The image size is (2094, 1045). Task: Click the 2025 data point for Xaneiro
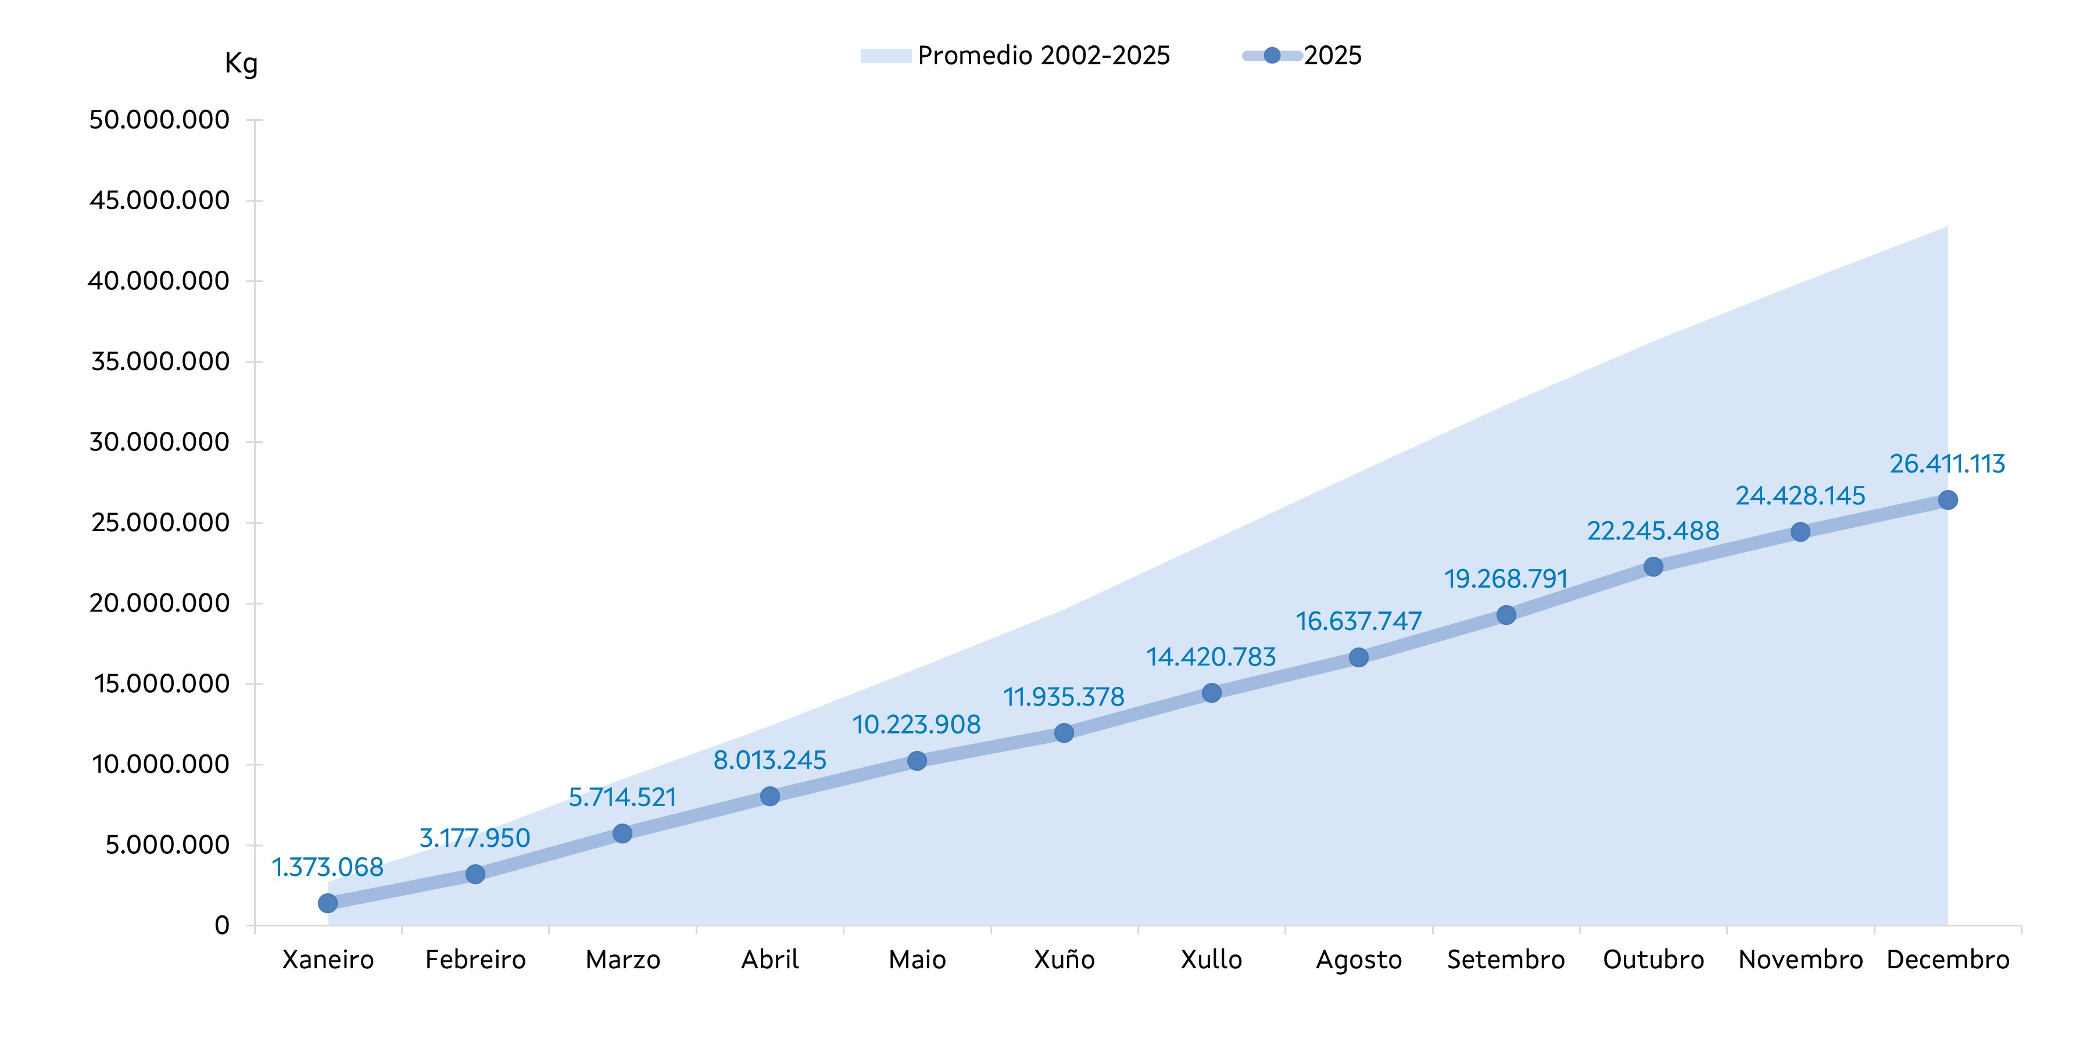pyautogui.click(x=328, y=903)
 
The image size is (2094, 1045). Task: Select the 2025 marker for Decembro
pyautogui.click(x=1948, y=500)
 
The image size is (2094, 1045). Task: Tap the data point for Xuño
pyautogui.click(x=1064, y=733)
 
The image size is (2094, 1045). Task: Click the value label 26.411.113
pyautogui.click(x=1947, y=464)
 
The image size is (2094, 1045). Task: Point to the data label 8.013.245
pyautogui.click(x=770, y=760)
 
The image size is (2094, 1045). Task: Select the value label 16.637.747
pyautogui.click(x=1358, y=621)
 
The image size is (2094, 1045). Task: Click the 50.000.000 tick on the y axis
pyautogui.click(x=159, y=120)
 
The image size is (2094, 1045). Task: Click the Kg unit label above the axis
pyautogui.click(x=241, y=63)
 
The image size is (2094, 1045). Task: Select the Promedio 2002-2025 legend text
pyautogui.click(x=1044, y=55)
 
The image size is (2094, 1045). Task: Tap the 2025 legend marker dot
pyautogui.click(x=1272, y=55)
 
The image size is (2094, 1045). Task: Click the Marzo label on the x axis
pyautogui.click(x=622, y=960)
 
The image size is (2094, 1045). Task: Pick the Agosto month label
pyautogui.click(x=1358, y=960)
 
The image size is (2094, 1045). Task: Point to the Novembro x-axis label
pyautogui.click(x=1801, y=960)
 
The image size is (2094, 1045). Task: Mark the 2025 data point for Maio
pyautogui.click(x=917, y=760)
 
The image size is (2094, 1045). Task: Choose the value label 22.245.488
pyautogui.click(x=1653, y=531)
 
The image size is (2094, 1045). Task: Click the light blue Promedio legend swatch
pyautogui.click(x=885, y=55)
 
